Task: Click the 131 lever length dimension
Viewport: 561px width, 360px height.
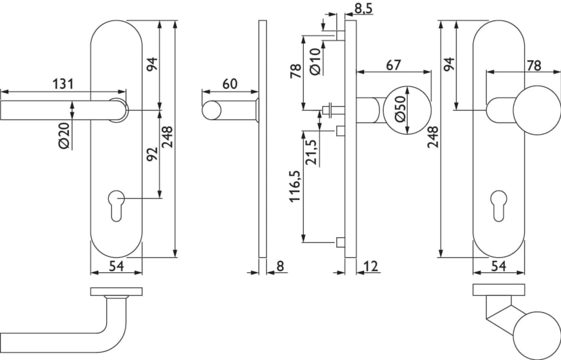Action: tap(63, 84)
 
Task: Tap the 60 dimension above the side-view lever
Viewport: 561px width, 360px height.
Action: tap(230, 84)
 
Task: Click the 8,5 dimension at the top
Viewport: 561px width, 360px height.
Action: tap(363, 8)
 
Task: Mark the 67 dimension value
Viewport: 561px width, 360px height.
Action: tap(393, 65)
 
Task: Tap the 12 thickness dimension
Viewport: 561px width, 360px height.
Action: tap(370, 266)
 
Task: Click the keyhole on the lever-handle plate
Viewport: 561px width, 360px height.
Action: tap(116, 205)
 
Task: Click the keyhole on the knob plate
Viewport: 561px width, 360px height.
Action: tap(498, 205)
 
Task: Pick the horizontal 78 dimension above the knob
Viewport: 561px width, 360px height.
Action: tap(534, 65)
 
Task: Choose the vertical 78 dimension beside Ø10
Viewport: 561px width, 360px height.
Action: tap(296, 71)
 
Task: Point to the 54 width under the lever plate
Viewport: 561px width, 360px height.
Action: tap(116, 266)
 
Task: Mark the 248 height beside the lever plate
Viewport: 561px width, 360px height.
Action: tap(168, 137)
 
